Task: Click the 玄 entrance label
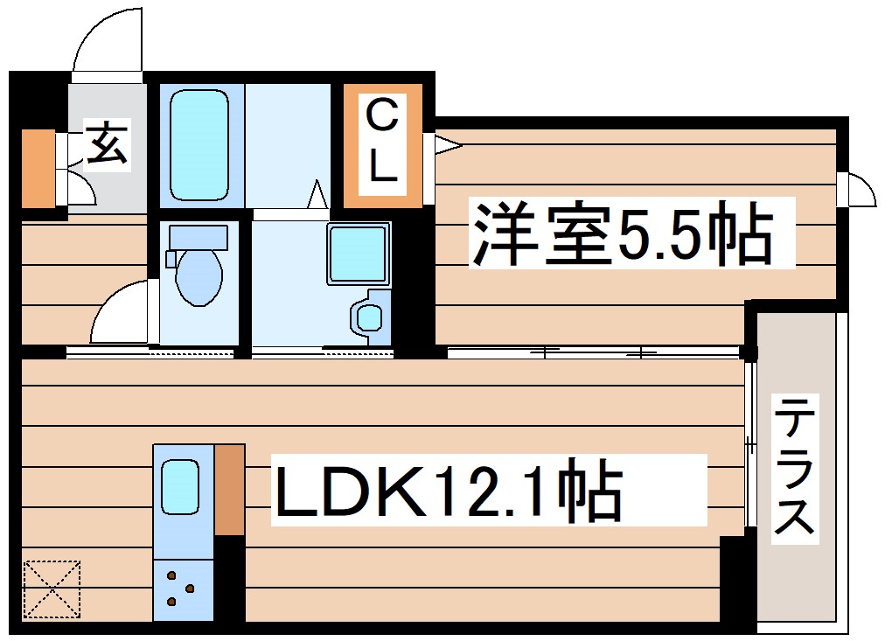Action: (108, 143)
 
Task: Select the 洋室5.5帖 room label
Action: (623, 233)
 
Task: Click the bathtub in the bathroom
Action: (200, 146)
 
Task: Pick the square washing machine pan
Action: (357, 254)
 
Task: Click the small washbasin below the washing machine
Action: (370, 317)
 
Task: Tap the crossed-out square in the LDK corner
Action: (52, 589)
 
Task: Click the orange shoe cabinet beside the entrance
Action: (38, 169)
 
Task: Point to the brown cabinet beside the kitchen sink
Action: (229, 489)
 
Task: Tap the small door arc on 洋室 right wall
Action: (858, 191)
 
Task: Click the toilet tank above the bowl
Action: (199, 237)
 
